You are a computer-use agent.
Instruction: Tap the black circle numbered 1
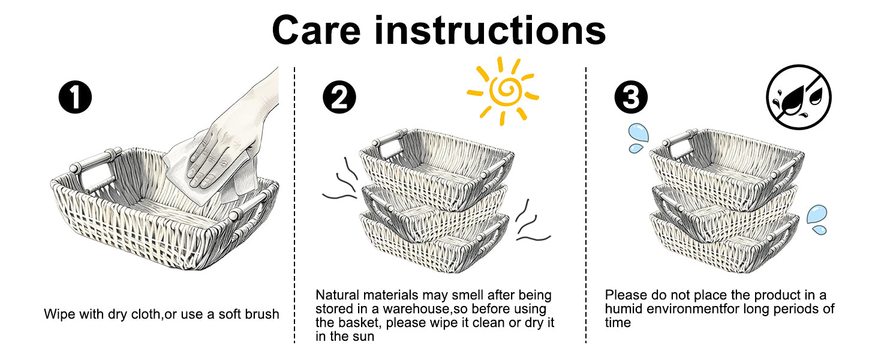pos(75,97)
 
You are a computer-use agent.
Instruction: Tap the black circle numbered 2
pos(339,97)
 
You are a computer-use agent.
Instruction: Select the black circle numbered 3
pos(631,97)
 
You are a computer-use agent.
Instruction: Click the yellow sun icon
pos(503,90)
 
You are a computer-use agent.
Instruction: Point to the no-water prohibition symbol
pos(798,97)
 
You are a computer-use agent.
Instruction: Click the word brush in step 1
pos(261,314)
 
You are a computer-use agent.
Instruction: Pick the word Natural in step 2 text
pos(336,296)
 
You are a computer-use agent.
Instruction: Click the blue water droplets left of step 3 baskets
pos(636,137)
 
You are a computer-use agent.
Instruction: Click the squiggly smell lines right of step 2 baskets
pos(531,222)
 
